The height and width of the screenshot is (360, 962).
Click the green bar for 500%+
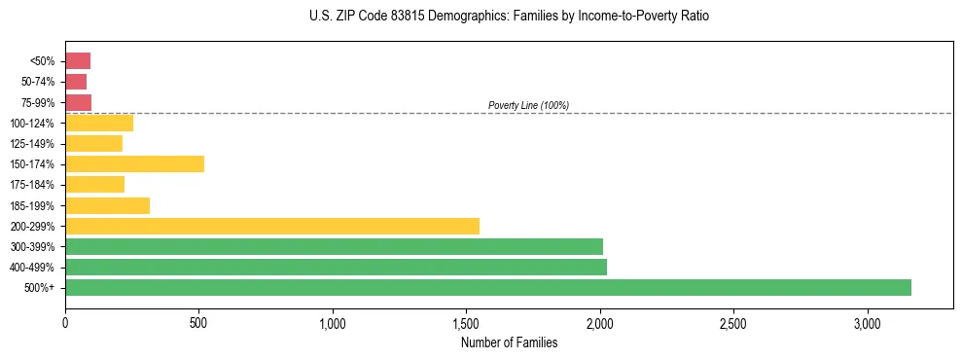tap(487, 287)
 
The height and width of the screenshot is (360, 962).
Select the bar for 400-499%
tap(336, 267)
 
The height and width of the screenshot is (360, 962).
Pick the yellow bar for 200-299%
tap(271, 226)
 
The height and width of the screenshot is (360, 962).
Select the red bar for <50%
tap(78, 61)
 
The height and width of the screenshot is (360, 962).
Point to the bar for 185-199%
tap(107, 205)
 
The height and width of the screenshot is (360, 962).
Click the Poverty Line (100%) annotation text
tap(528, 105)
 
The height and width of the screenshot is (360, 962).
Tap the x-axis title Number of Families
tap(509, 342)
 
